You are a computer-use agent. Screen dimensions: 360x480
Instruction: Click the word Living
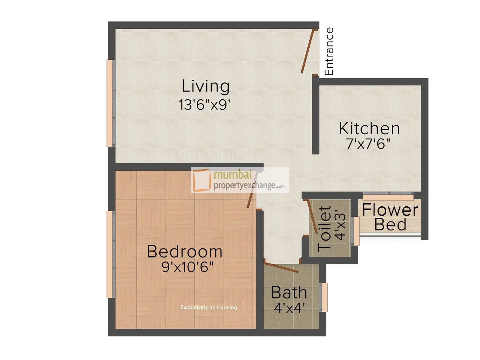[x=205, y=86]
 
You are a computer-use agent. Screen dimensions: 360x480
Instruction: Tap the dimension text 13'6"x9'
[x=205, y=105]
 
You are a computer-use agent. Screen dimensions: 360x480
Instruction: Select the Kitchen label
[x=369, y=129]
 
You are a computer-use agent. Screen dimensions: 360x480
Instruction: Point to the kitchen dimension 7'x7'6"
[x=368, y=144]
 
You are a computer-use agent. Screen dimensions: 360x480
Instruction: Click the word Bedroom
[x=185, y=252]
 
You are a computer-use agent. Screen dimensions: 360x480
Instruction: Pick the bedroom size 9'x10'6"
[x=187, y=267]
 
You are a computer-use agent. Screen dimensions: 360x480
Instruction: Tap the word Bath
[x=289, y=293]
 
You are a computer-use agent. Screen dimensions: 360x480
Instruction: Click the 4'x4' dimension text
[x=290, y=308]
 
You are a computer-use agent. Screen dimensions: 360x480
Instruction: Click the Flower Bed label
[x=390, y=217]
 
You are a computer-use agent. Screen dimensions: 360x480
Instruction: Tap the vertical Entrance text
[x=329, y=51]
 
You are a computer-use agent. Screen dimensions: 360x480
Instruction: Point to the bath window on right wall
[x=324, y=297]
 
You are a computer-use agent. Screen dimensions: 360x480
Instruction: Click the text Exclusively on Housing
[x=208, y=307]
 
